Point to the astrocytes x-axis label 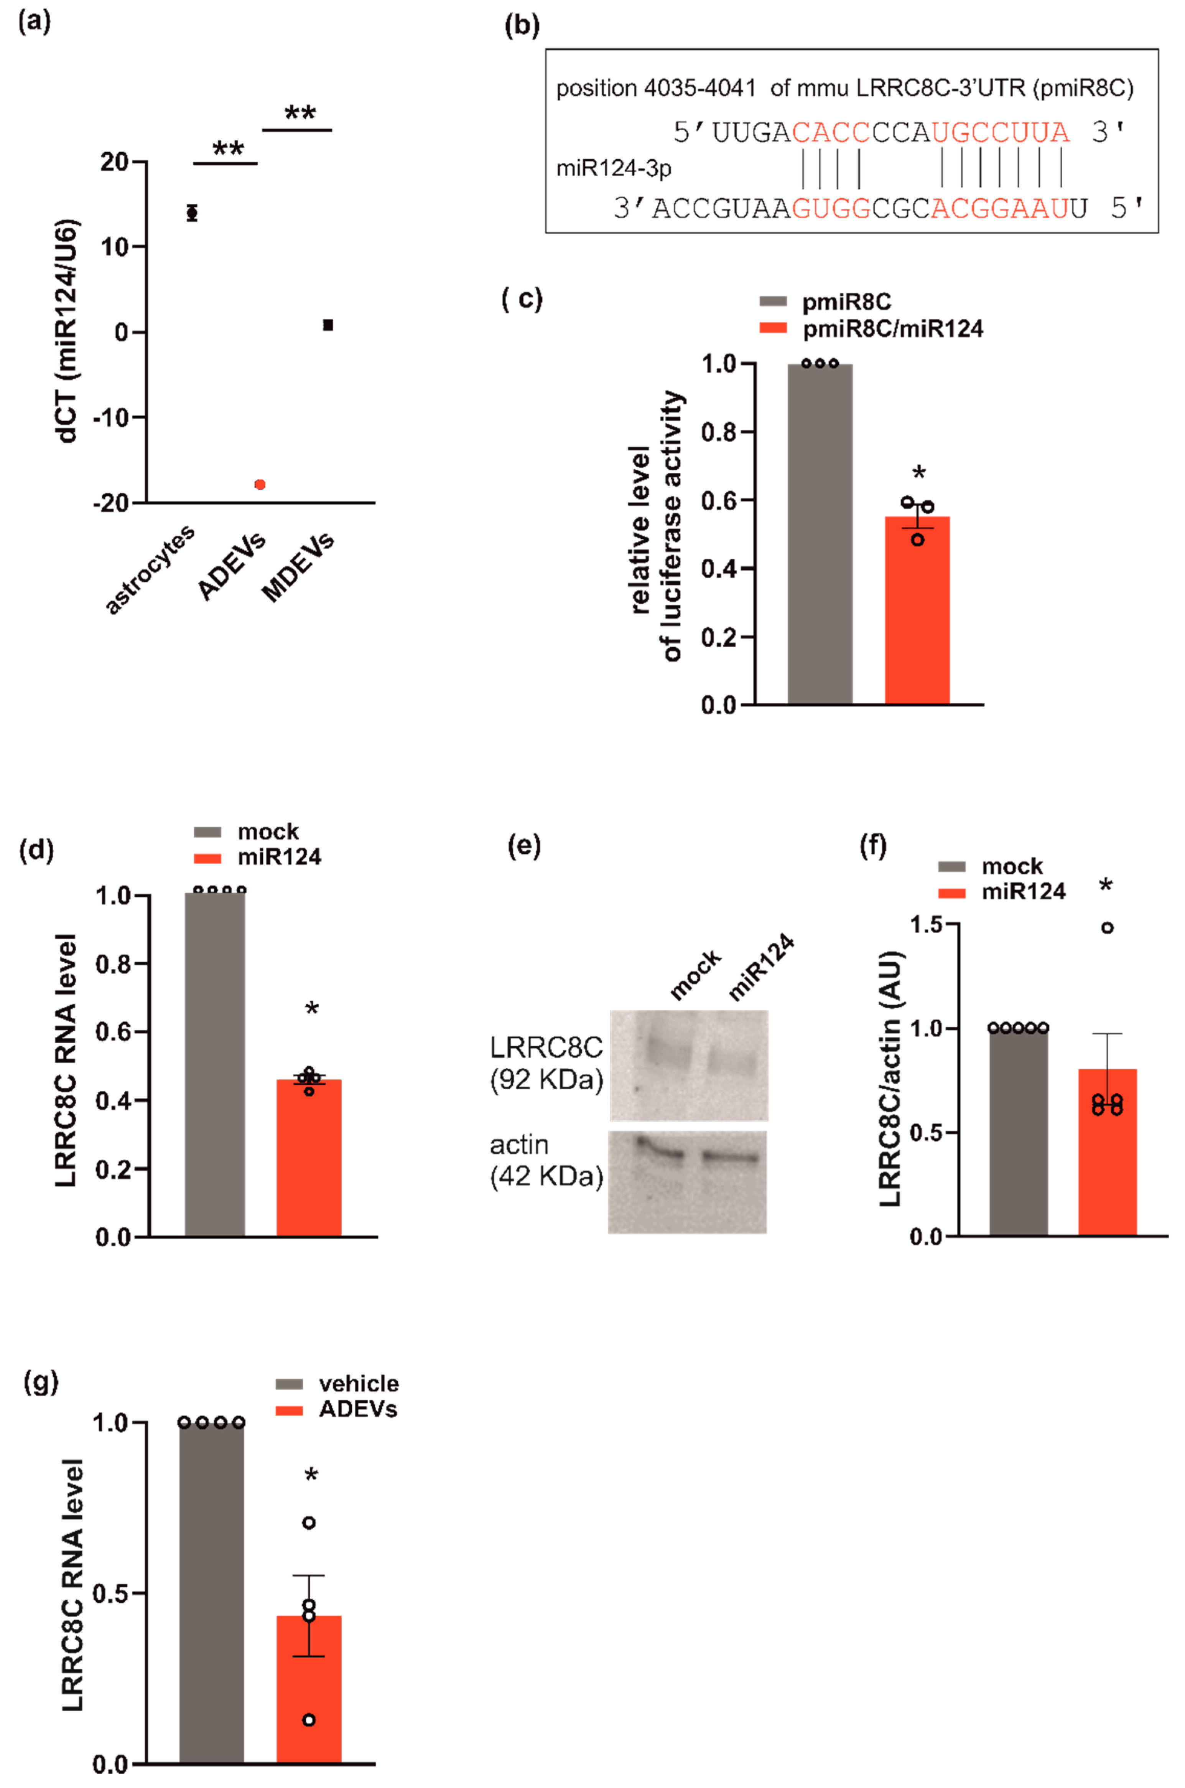(x=150, y=569)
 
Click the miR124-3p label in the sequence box (x=614, y=168)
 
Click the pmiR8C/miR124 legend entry (x=892, y=329)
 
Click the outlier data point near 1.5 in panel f (x=1107, y=928)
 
